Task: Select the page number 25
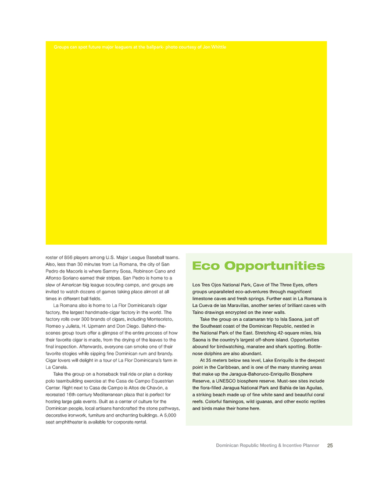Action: click(x=330, y=446)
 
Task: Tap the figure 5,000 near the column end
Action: click(x=170, y=415)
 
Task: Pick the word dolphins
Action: click(x=210, y=353)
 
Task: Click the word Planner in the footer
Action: click(x=307, y=446)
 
